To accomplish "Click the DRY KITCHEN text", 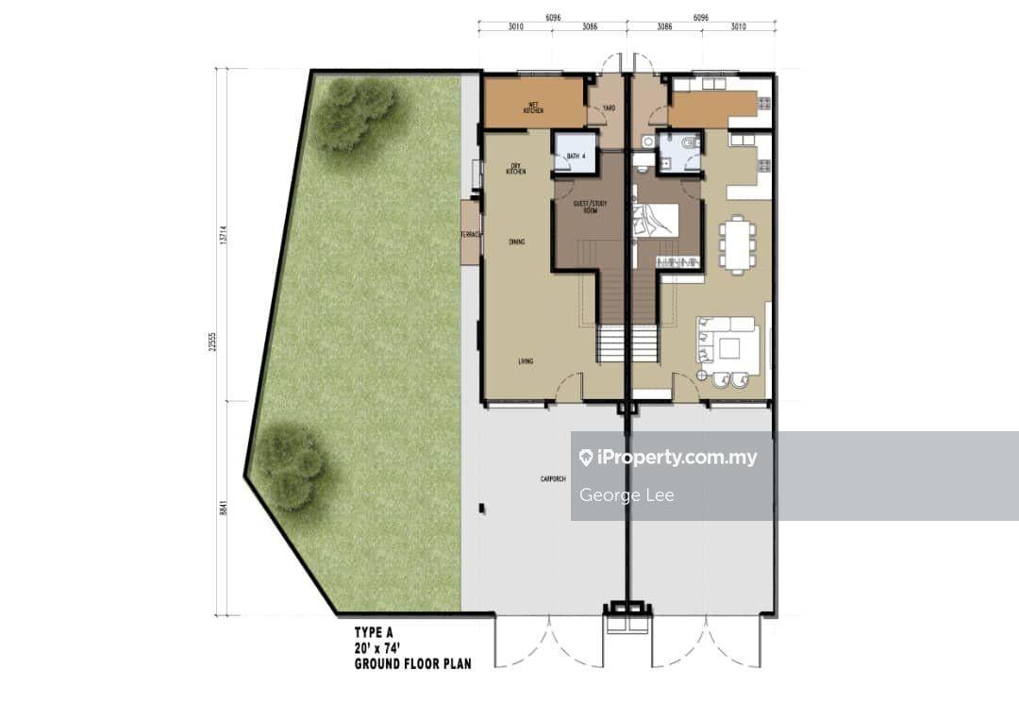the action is [x=515, y=169].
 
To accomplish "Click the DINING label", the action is [x=516, y=243].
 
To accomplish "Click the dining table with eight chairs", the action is [x=735, y=244].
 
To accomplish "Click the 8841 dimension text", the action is [x=225, y=508].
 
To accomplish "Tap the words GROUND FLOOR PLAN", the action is [x=412, y=663].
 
